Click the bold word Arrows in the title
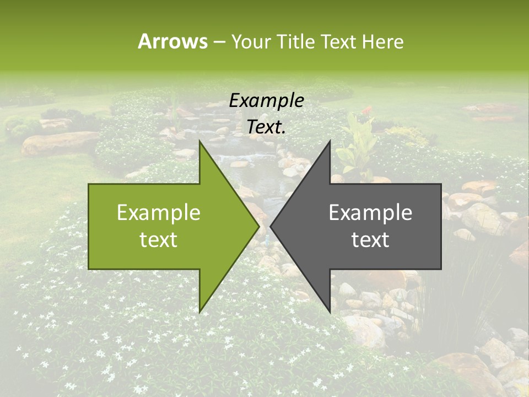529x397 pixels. point(173,41)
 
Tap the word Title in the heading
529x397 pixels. point(295,41)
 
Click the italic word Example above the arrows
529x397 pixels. point(266,101)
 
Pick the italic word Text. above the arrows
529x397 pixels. point(266,127)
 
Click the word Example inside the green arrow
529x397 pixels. point(158,213)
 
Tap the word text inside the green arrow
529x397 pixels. point(158,239)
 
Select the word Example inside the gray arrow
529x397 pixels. point(370,213)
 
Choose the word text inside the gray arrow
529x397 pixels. point(370,239)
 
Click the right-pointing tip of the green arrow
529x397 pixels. point(258,226)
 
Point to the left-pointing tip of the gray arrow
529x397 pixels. point(271,226)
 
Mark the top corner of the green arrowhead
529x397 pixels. point(200,142)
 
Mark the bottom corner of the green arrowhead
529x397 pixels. point(200,312)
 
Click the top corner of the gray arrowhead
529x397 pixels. point(330,142)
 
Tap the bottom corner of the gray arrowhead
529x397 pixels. point(330,312)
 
